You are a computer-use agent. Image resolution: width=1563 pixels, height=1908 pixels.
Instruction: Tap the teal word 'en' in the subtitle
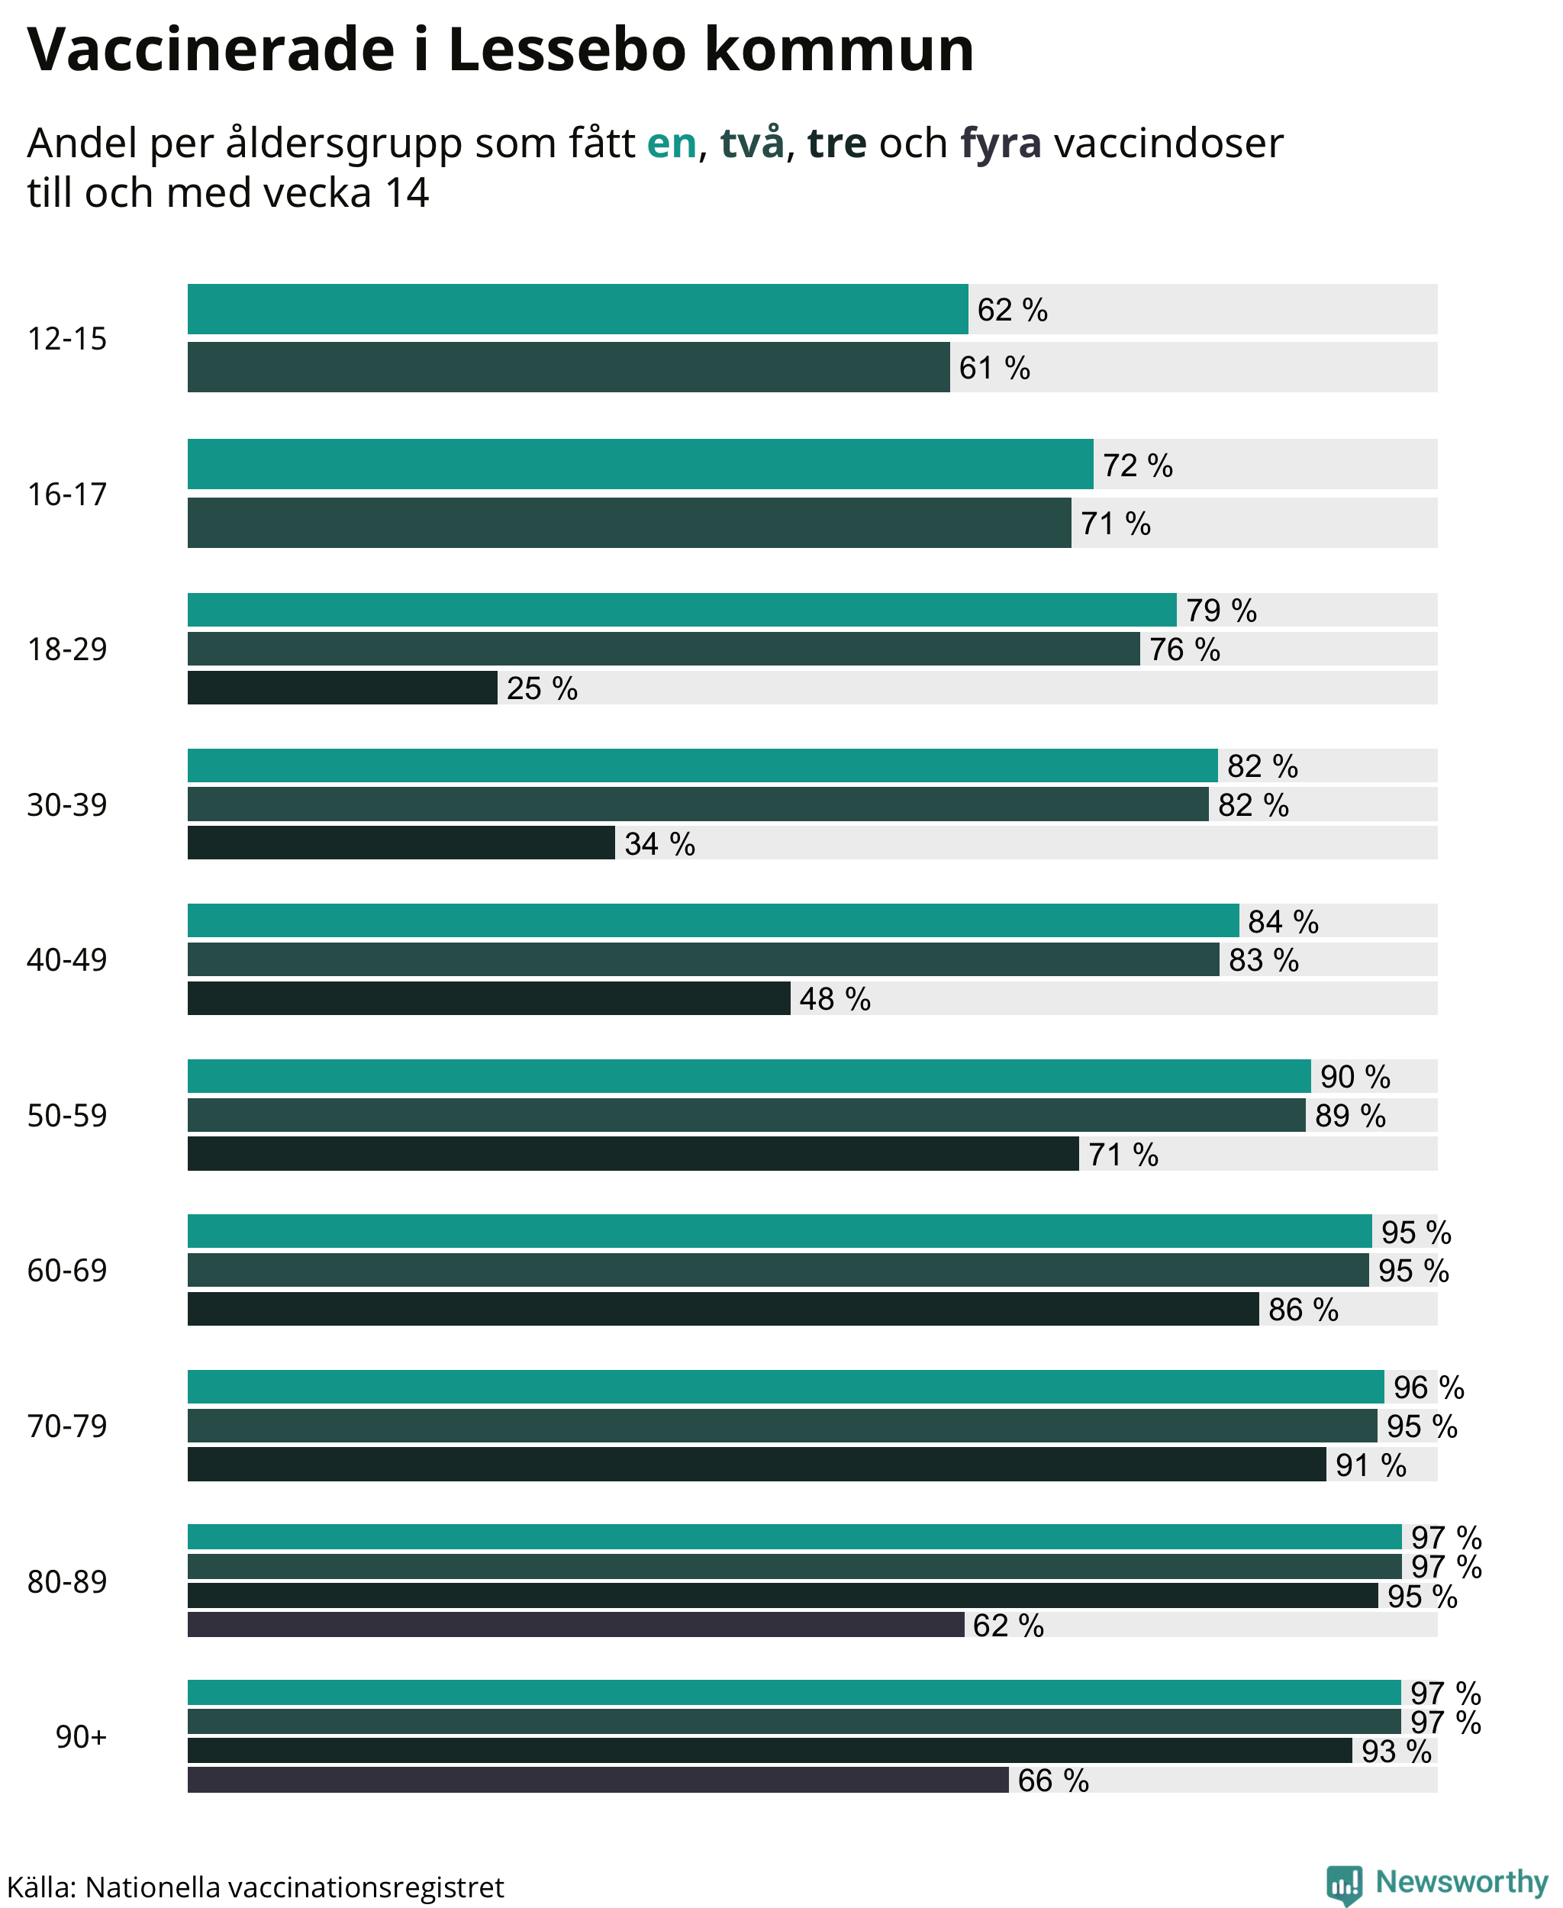pos(672,143)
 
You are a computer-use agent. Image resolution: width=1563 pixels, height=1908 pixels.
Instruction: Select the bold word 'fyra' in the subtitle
pos(1001,144)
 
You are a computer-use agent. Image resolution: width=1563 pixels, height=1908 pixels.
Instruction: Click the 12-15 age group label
pos(66,339)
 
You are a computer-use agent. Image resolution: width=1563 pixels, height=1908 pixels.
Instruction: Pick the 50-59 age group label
pos(66,1115)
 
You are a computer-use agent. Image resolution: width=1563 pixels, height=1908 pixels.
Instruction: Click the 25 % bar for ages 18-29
pos(342,688)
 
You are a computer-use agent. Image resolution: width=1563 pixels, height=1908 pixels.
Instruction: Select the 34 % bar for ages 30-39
pos(401,843)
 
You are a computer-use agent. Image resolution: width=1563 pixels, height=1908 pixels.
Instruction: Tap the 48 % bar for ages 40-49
pos(489,998)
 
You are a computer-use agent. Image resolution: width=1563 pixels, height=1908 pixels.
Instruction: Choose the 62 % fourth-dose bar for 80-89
pos(575,1624)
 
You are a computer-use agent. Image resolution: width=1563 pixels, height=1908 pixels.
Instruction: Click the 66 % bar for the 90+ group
pos(598,1779)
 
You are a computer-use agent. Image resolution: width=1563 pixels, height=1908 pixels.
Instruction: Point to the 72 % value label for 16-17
pos(1137,465)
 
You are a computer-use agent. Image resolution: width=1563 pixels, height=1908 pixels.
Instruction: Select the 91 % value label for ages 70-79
pos(1371,1465)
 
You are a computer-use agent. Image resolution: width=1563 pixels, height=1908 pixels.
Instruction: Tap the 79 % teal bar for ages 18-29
pos(682,610)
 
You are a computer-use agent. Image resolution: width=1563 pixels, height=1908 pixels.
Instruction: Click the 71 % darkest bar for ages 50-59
pos(633,1153)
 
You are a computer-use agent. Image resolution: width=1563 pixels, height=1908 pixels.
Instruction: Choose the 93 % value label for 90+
pos(1397,1751)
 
